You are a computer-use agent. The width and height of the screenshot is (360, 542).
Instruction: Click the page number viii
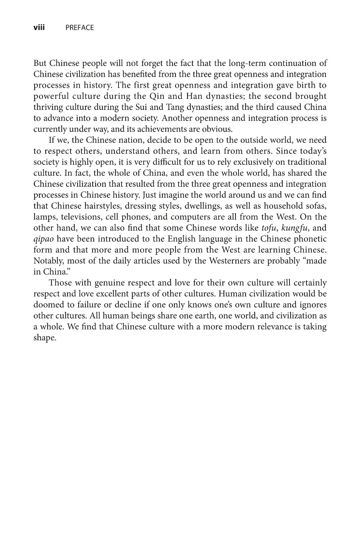(x=39, y=27)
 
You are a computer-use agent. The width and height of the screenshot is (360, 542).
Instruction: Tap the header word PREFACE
(x=79, y=28)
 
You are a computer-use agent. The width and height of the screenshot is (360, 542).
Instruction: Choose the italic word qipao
(x=43, y=239)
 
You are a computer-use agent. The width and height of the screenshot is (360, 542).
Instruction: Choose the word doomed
(x=48, y=305)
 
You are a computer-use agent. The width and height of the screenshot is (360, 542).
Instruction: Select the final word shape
(x=45, y=338)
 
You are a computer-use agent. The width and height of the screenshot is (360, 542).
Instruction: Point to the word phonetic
(x=310, y=239)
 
